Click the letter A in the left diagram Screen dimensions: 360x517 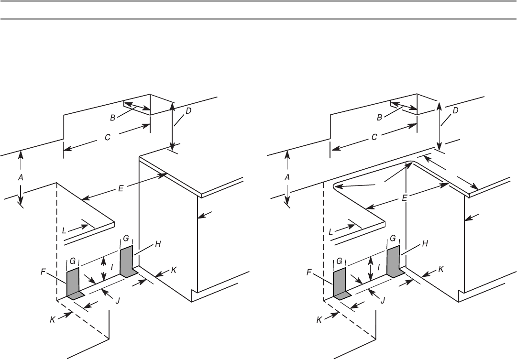(21, 176)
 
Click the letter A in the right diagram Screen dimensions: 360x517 (288, 176)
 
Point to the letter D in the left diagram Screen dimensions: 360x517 (188, 111)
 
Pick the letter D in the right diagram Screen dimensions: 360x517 (455, 111)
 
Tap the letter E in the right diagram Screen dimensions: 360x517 (404, 196)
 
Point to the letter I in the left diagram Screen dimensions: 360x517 (112, 268)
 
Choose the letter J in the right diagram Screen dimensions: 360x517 (382, 300)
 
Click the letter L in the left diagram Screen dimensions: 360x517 (65, 230)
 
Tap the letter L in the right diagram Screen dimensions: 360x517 (331, 230)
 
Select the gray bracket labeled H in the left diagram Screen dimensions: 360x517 (126, 261)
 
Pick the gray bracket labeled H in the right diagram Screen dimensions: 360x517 (393, 261)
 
